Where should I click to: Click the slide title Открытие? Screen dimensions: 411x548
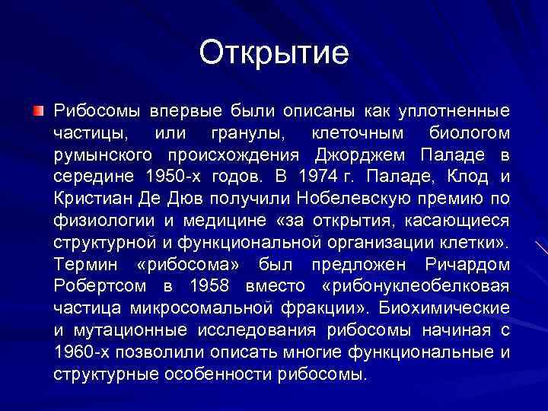coord(274,53)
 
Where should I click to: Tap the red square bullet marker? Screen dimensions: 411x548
coord(39,112)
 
